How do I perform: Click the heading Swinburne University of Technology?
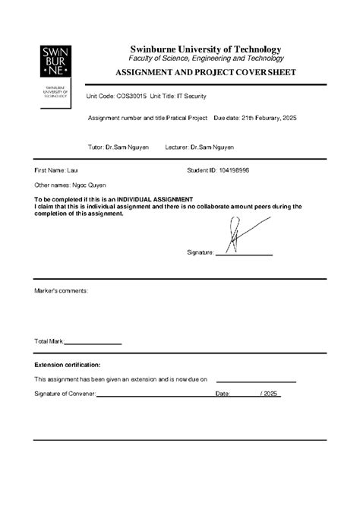coord(205,49)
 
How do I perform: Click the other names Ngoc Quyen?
coord(89,185)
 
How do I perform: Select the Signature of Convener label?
coord(65,393)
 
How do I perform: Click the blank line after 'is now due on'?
coord(256,380)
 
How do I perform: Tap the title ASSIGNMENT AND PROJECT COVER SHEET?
coord(205,73)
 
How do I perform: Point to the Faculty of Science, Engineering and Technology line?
coord(206,59)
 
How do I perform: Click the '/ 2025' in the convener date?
coord(270,393)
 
